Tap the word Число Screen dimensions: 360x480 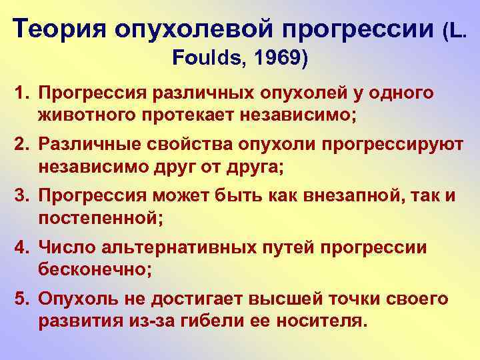point(63,248)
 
